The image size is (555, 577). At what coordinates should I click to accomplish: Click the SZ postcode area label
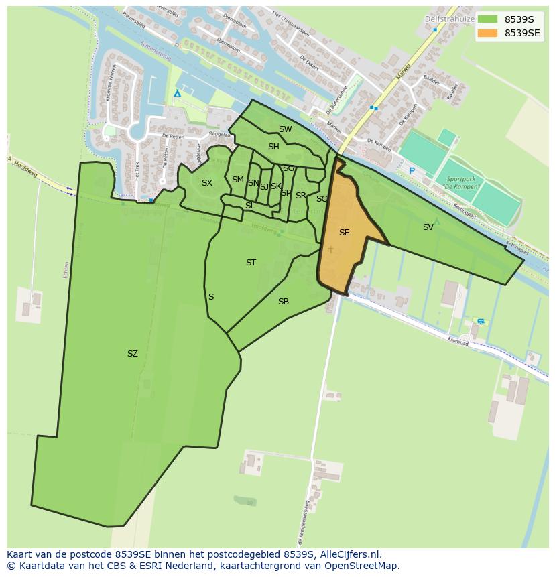coord(133,354)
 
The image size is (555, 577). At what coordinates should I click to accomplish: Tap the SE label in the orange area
coord(344,233)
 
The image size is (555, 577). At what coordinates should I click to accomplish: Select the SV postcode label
coord(428,227)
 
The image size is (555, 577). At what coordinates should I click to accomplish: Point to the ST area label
coord(251,263)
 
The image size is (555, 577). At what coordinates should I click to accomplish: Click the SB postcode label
coord(284,302)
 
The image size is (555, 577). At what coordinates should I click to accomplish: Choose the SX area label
coord(207,183)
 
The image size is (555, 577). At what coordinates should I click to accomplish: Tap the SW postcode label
coord(286,129)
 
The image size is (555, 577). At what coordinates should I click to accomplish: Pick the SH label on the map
coord(273,147)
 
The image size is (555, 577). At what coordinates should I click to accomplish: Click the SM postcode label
coord(238,180)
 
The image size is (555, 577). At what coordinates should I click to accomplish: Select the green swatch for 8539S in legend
coord(487,19)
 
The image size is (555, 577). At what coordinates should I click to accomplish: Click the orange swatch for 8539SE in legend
coord(487,33)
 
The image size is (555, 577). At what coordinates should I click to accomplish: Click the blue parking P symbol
coord(412,172)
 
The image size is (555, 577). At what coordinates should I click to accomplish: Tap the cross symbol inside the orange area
coord(330,249)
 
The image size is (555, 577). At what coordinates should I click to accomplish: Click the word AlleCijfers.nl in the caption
coord(350,554)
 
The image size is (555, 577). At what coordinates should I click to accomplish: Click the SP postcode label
coord(286,193)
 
